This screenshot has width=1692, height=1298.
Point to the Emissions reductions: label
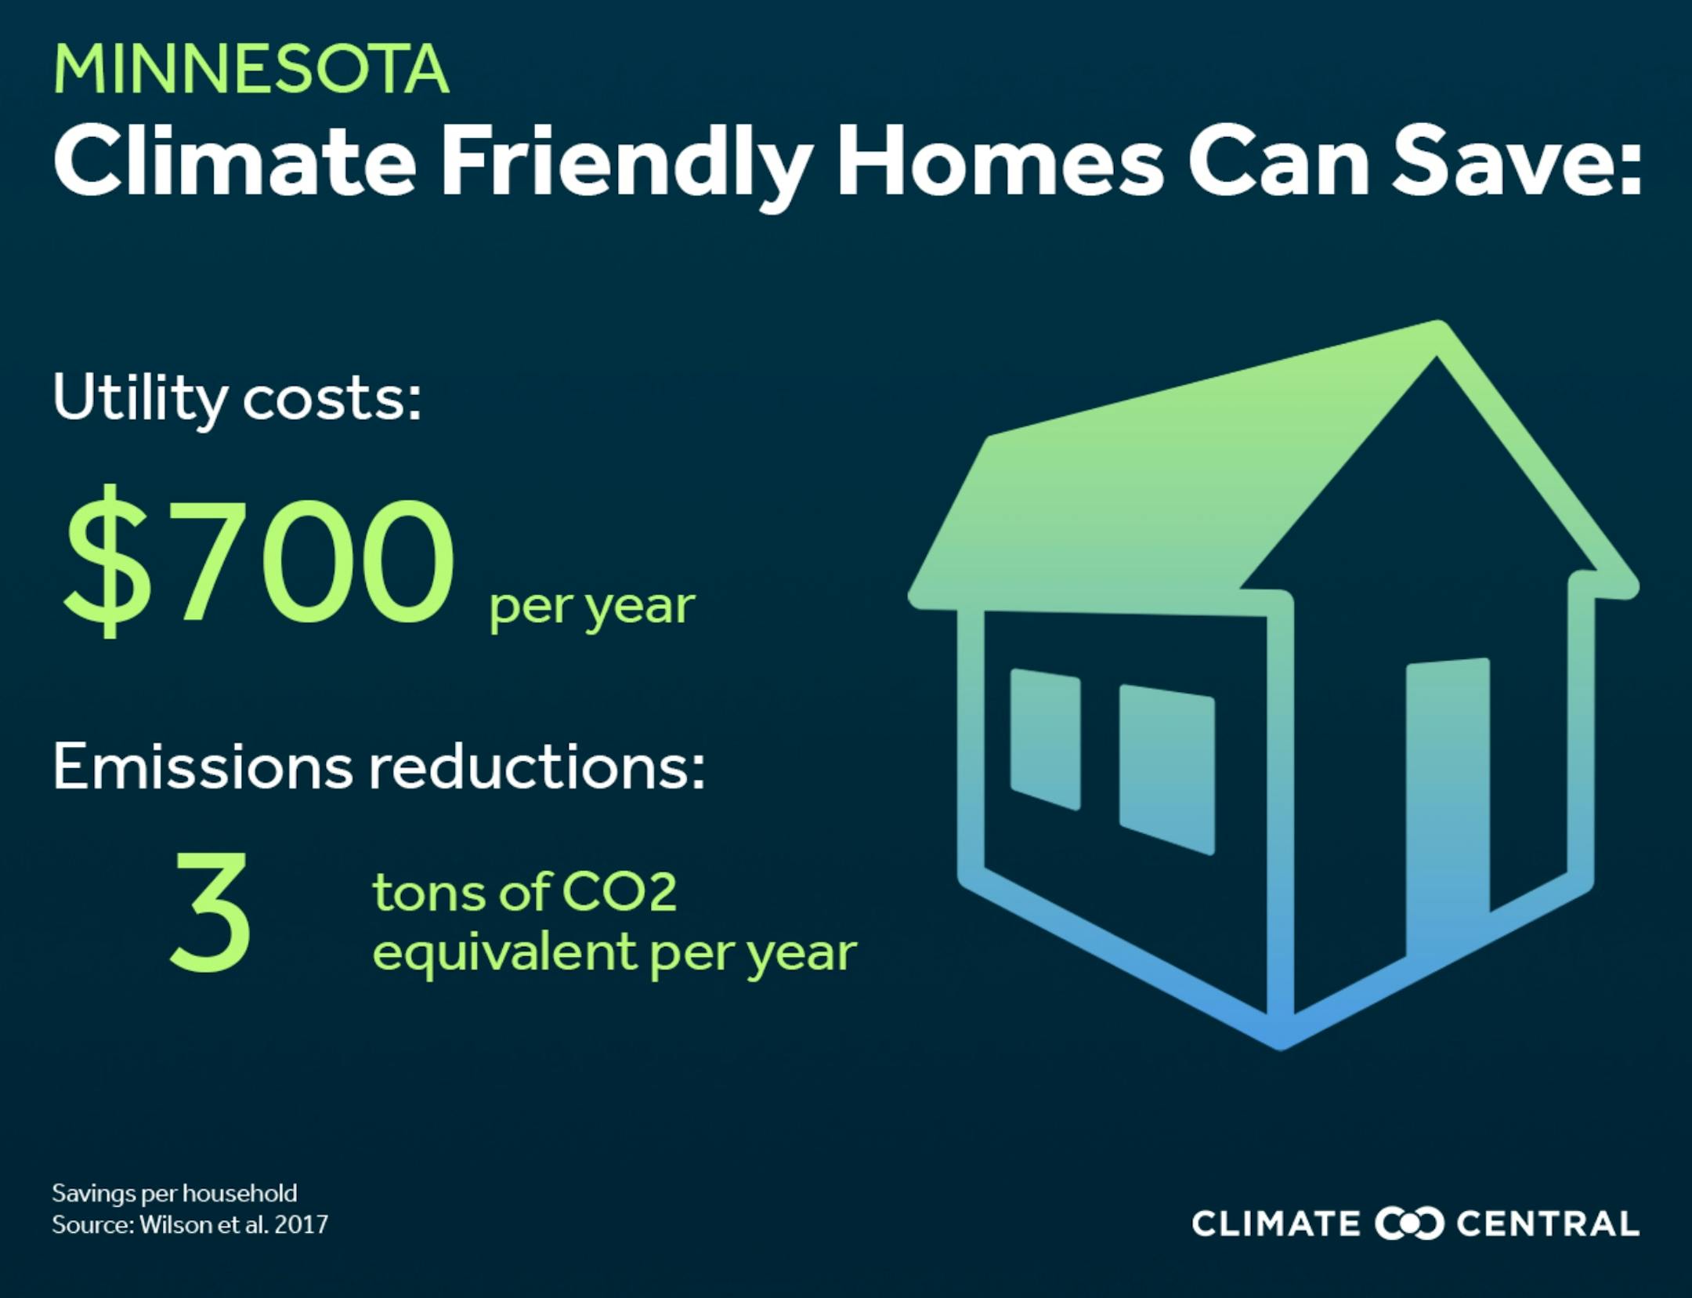pos(379,767)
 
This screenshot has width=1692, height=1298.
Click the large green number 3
pos(210,912)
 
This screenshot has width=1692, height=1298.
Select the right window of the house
pos(1167,769)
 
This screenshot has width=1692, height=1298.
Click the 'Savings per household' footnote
pos(175,1194)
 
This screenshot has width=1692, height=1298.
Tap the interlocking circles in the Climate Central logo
pos(1408,1224)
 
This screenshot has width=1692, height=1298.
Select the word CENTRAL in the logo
pos(1548,1224)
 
